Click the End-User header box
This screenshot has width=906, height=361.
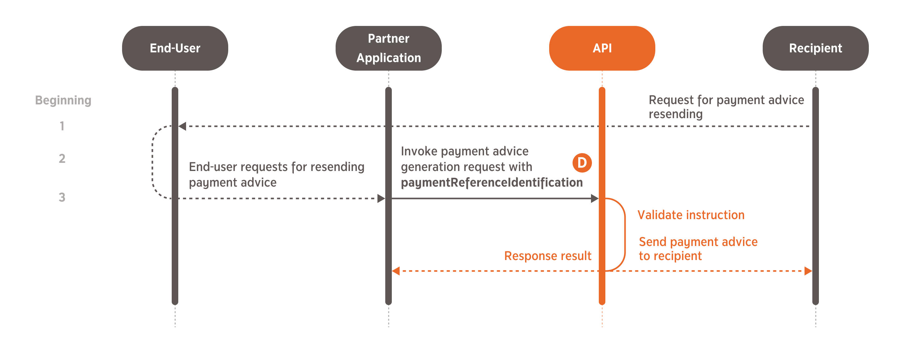[x=175, y=48]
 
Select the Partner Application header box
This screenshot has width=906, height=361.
[x=388, y=48]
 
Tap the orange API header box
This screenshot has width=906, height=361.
[x=602, y=48]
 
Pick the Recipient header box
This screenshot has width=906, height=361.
[x=815, y=48]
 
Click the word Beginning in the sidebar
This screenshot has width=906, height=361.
[x=63, y=100]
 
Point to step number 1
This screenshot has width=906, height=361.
[x=62, y=126]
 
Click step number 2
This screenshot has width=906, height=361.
[x=62, y=158]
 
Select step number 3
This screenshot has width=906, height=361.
[x=62, y=197]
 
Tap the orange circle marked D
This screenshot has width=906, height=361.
[x=582, y=163]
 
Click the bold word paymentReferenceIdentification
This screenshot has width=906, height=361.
[x=491, y=183]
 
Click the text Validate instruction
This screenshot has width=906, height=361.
[x=691, y=215]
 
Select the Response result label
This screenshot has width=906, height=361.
[x=548, y=256]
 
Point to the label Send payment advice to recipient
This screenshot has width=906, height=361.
[x=698, y=249]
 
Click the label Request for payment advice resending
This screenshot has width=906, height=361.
[x=726, y=107]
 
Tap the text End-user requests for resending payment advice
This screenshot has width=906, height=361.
[x=276, y=174]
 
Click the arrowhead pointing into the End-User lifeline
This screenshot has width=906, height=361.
[x=182, y=126]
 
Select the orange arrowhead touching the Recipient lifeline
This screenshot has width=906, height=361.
[x=808, y=271]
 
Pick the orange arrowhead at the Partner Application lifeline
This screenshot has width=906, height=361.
[x=396, y=271]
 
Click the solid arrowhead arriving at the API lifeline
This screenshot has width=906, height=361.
[x=594, y=198]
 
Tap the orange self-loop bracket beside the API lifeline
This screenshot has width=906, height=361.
[x=624, y=234]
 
